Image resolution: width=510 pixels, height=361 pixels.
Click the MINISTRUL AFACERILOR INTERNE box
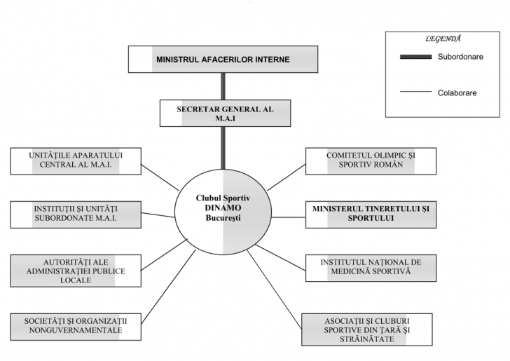click(x=223, y=59)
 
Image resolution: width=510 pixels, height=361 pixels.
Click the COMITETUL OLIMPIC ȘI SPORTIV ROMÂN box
click(x=371, y=161)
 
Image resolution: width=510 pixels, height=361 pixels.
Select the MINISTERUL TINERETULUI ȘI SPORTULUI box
click(x=371, y=214)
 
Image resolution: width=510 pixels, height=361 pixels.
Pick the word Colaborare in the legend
click(x=457, y=93)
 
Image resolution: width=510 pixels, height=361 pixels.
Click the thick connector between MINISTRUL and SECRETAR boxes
click(x=223, y=86)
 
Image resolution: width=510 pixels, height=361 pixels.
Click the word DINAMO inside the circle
click(x=223, y=209)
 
